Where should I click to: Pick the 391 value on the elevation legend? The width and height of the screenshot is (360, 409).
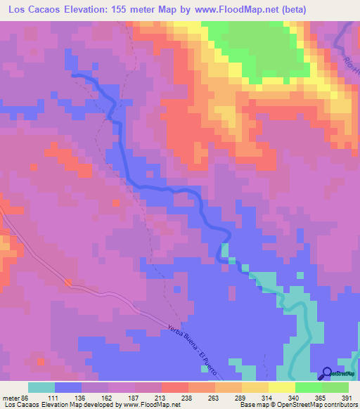tap(349, 397)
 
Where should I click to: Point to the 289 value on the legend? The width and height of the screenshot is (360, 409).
tap(215, 397)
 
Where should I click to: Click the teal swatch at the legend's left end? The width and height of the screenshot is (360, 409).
tap(42, 387)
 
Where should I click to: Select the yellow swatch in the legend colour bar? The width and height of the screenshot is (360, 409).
tap(282, 387)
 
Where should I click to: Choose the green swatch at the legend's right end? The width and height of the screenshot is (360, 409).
tap(335, 387)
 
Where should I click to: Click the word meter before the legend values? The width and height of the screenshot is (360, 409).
tap(11, 397)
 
